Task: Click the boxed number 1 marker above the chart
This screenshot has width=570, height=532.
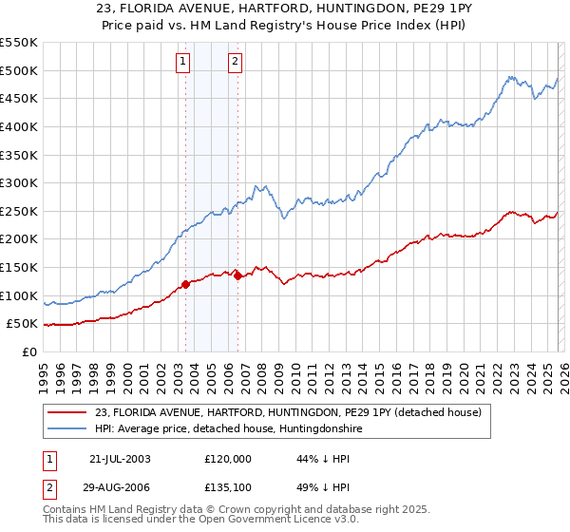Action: pyautogui.click(x=182, y=63)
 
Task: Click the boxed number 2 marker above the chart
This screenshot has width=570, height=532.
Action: pyautogui.click(x=235, y=63)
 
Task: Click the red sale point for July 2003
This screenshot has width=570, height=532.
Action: pyautogui.click(x=186, y=284)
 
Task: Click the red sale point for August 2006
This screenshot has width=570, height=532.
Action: pyautogui.click(x=237, y=275)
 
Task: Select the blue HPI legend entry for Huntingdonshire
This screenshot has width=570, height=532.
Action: pyautogui.click(x=228, y=429)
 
